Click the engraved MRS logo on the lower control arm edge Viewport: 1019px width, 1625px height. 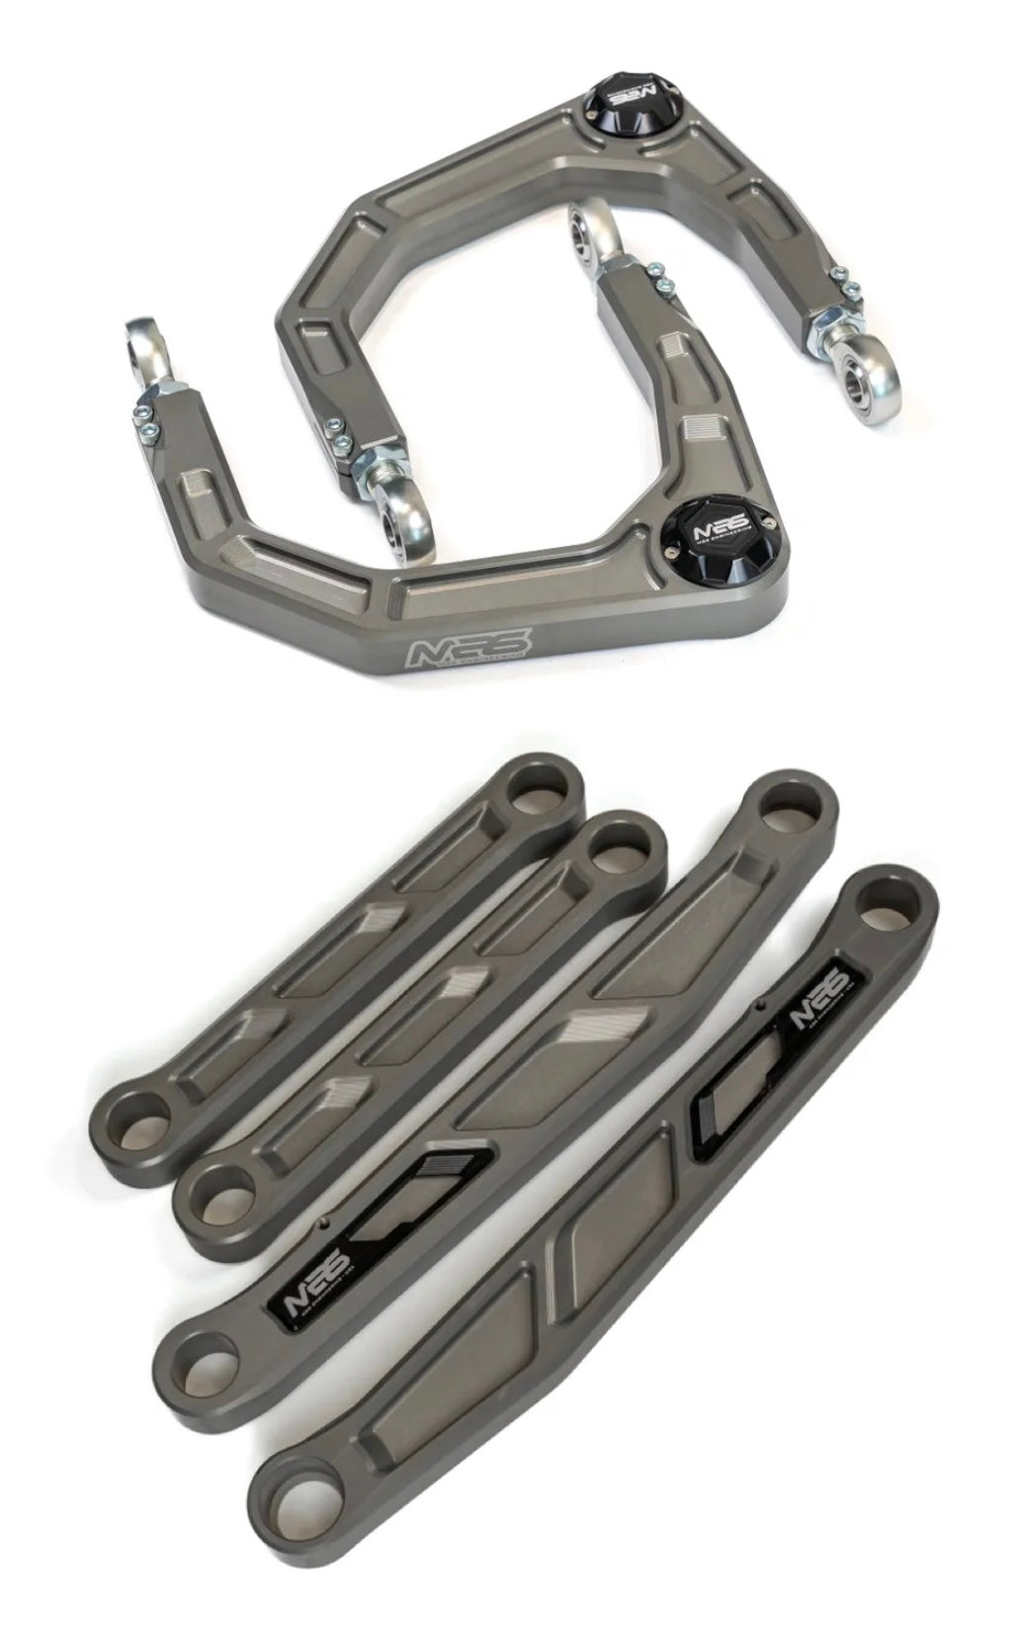[470, 649]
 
